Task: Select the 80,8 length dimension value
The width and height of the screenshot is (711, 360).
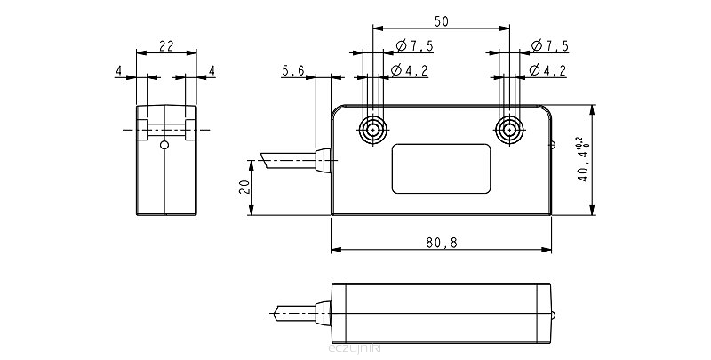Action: [441, 243]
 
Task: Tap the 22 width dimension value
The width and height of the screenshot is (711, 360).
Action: [165, 44]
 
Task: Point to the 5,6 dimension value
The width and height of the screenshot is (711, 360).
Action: [293, 70]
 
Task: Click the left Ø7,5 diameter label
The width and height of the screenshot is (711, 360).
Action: [413, 46]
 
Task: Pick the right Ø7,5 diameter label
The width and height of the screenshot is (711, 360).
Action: [549, 46]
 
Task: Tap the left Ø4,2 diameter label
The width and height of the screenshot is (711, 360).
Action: [413, 70]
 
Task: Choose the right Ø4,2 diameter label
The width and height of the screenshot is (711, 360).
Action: [549, 70]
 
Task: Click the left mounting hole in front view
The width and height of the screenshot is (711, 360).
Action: [372, 130]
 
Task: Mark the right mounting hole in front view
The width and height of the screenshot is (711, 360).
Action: [508, 130]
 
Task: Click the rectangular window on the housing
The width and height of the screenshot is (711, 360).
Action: [441, 168]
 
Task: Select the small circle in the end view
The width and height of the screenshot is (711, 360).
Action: [163, 145]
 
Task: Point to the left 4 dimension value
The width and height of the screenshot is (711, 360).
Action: [118, 70]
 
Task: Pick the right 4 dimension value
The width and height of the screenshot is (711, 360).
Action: [212, 70]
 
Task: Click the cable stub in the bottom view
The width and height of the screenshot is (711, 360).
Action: [293, 313]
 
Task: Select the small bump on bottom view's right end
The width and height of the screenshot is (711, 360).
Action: [555, 313]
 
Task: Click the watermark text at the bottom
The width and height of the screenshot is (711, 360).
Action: [355, 349]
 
